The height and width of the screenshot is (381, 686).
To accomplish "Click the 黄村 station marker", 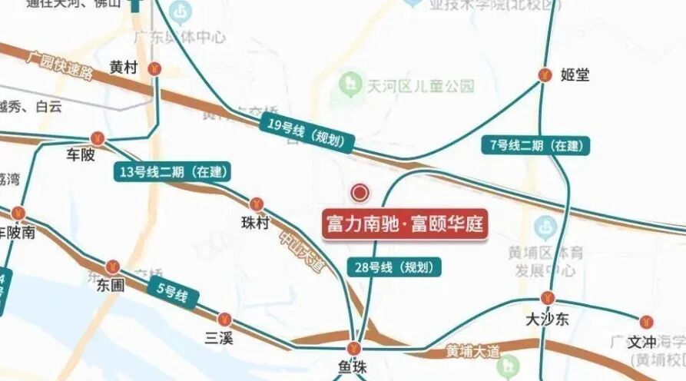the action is tap(155, 68).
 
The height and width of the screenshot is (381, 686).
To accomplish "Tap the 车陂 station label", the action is tap(81, 155).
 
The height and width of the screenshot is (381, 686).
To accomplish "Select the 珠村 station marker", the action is tap(257, 204).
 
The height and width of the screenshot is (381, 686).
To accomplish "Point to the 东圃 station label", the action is tap(111, 285).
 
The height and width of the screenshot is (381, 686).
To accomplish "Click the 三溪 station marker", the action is tap(225, 319).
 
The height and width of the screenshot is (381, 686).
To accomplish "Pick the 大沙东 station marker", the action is tap(547, 298).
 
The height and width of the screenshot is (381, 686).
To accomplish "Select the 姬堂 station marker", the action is tap(545, 75).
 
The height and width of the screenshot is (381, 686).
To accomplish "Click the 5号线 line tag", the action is tap(173, 293).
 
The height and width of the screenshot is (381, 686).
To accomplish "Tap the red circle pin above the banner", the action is tap(360, 193).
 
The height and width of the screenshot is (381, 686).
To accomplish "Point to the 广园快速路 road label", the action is tap(60, 65).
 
